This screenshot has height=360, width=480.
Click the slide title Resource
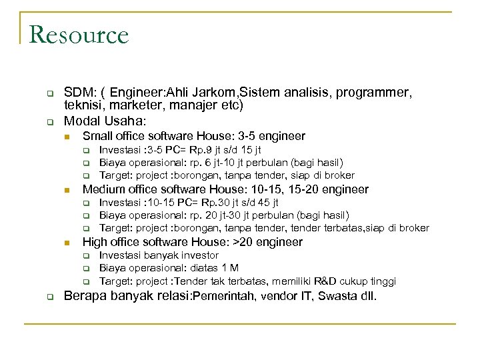click(79, 35)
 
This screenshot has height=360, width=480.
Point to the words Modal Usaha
click(103, 121)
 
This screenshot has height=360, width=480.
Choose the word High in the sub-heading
click(95, 242)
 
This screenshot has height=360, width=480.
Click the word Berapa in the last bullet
click(83, 295)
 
